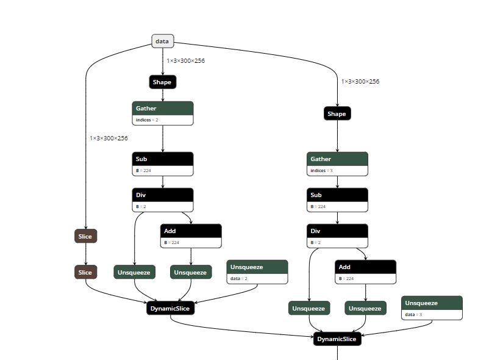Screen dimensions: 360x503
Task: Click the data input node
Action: tap(162, 41)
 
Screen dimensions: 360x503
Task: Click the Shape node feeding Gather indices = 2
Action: tap(162, 82)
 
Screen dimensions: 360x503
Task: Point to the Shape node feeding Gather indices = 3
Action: tap(337, 113)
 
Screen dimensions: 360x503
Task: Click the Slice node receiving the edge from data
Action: tap(85, 236)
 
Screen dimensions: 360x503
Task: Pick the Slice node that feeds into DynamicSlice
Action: tap(85, 272)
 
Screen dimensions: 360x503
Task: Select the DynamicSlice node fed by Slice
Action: tap(171, 308)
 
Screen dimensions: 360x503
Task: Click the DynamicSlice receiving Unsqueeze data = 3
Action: tap(337, 339)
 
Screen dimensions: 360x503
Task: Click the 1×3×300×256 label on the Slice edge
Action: tap(109, 139)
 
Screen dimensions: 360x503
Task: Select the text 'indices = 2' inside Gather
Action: tap(147, 120)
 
